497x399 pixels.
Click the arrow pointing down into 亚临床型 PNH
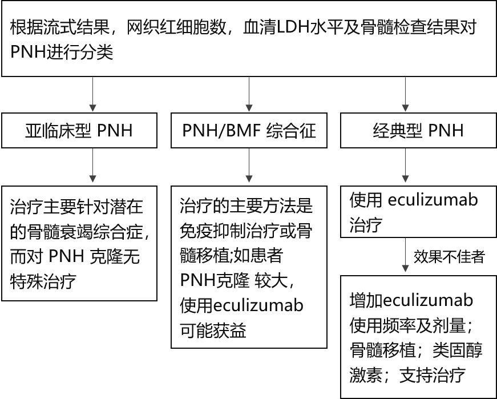click(92, 94)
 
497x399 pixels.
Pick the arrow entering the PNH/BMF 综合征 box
click(249, 94)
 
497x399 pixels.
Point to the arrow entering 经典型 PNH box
click(405, 94)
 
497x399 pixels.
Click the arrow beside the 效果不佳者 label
click(405, 255)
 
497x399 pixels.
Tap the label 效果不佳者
click(449, 256)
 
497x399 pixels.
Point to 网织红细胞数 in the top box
click(176, 27)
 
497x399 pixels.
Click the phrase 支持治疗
click(433, 376)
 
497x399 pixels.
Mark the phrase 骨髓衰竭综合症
click(85, 231)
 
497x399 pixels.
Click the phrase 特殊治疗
click(43, 281)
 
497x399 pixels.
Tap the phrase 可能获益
click(213, 330)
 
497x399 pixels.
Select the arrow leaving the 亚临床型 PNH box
click(92, 165)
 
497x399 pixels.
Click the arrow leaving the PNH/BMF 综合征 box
click(249, 165)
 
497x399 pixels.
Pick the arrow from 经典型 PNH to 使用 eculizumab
click(405, 165)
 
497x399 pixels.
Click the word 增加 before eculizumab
click(366, 300)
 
